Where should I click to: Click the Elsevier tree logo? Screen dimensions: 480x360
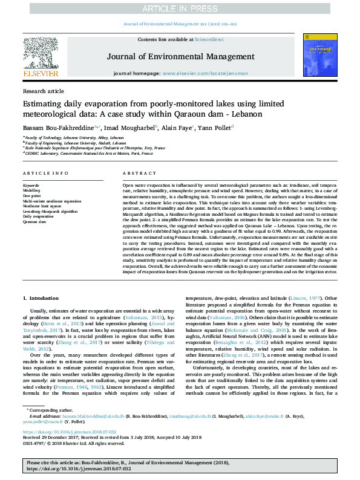[x=41, y=54]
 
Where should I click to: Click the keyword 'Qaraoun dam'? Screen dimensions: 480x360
[x=35, y=222]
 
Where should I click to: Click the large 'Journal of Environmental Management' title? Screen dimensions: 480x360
[x=180, y=57]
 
